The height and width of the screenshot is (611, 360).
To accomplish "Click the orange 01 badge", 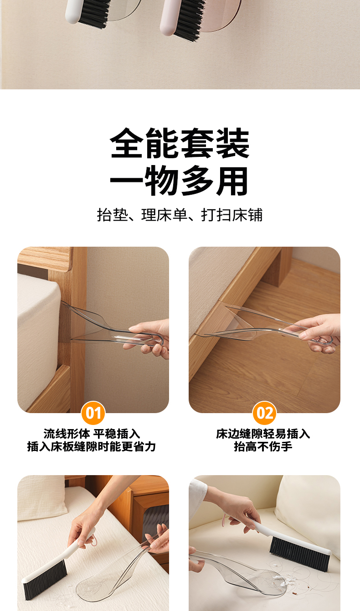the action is [x=93, y=413].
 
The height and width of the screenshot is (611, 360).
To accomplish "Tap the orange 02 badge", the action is [x=264, y=413].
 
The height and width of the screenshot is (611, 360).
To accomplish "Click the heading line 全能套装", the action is [x=180, y=143].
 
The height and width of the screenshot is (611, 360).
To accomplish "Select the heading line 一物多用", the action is [x=179, y=181].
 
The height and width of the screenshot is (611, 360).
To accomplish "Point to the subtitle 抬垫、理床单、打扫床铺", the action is [x=180, y=215].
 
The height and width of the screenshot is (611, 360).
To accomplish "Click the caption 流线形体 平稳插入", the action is [x=92, y=434].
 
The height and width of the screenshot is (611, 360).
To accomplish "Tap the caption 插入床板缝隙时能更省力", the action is [x=92, y=446].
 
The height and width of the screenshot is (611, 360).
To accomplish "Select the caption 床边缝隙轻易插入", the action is [x=263, y=434].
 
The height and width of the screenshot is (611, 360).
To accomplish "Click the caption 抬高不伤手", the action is [x=263, y=446].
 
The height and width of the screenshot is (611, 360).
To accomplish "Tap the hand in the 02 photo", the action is [x=319, y=333].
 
